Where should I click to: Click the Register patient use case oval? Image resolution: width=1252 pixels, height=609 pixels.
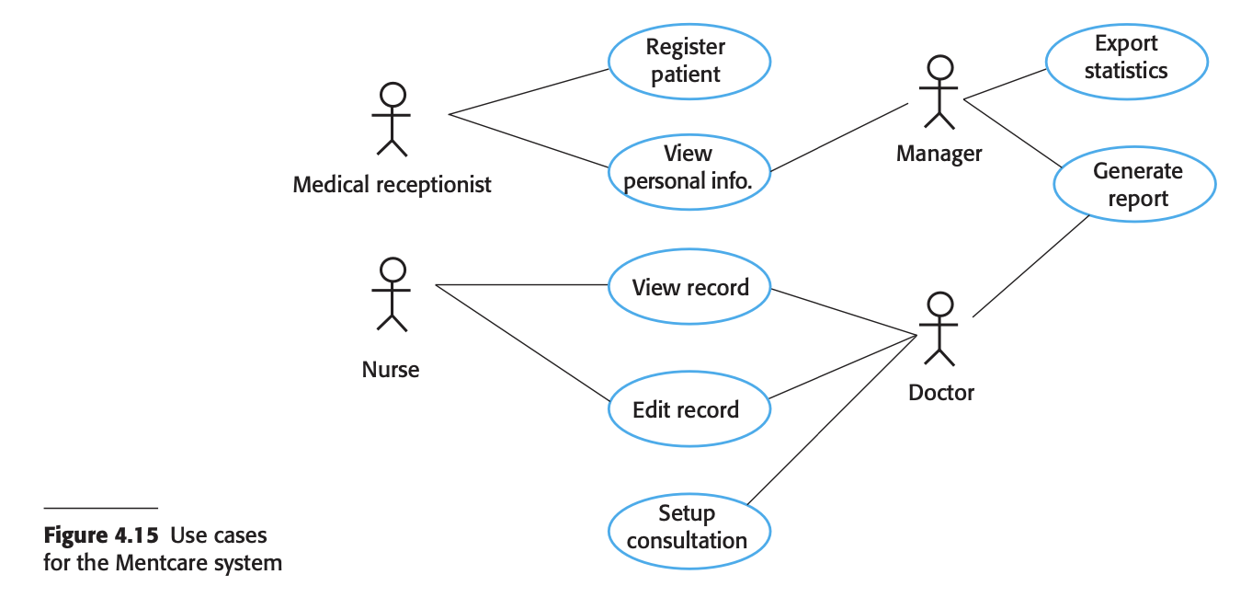[689, 62]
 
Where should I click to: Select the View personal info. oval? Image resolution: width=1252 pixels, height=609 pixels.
[689, 172]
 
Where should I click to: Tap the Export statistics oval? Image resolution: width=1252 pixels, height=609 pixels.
[1127, 62]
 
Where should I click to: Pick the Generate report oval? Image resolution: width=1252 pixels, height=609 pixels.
[1134, 184]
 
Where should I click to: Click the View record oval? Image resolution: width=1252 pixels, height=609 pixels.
[689, 286]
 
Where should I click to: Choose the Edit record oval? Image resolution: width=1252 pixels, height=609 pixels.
[689, 408]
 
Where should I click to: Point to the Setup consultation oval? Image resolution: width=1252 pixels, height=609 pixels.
[689, 531]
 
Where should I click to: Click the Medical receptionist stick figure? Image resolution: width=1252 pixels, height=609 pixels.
[392, 119]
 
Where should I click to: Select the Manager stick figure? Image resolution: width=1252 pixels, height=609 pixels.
[939, 92]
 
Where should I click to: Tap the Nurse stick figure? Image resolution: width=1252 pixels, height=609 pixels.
[392, 294]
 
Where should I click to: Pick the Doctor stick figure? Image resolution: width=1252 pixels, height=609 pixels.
[939, 328]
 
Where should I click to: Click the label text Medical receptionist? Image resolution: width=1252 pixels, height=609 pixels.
[392, 185]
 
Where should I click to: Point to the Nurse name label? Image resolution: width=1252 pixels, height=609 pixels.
[390, 370]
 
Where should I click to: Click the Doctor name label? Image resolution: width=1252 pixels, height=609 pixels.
[941, 393]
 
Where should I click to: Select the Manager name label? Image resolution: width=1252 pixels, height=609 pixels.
[939, 154]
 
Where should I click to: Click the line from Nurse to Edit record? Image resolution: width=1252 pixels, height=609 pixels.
[523, 343]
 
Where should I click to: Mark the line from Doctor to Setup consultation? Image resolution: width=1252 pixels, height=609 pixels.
[832, 420]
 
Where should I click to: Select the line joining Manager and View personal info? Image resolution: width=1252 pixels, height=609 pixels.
[839, 137]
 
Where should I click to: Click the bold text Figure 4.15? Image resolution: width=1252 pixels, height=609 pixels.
[101, 535]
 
